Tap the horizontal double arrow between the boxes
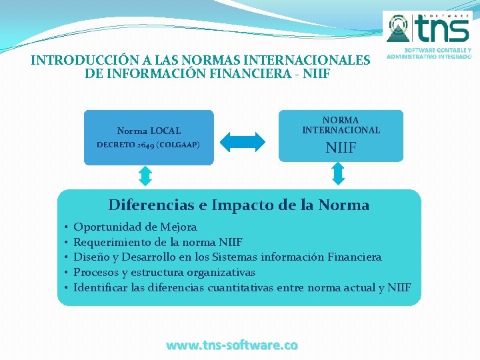coord(243,141)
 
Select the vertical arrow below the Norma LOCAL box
coord(145,175)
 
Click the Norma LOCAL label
coord(149,131)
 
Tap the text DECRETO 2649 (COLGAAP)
coord(148,145)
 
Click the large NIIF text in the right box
coord(341,147)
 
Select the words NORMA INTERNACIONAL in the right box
coord(341,125)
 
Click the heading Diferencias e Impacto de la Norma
coord(239,205)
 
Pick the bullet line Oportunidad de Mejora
coord(135,227)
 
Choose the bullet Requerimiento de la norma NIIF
coord(158,242)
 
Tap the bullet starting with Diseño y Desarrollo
coord(227,257)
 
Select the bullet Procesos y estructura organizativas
coord(164,273)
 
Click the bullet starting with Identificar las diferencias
coord(242,288)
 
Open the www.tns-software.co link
coord(232,345)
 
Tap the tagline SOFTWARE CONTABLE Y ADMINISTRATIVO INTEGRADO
coord(429,53)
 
